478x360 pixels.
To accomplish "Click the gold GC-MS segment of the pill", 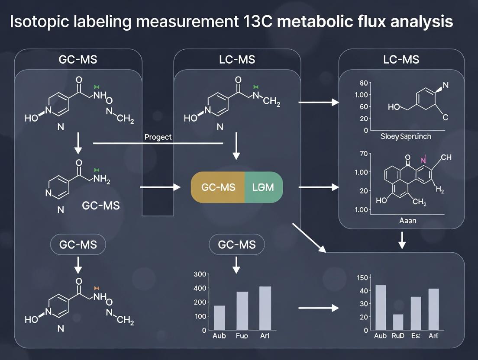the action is [218, 187].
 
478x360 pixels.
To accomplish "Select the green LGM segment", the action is [264, 187].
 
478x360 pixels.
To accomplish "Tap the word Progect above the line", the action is [158, 137].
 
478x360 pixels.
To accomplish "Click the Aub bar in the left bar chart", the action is [220, 318].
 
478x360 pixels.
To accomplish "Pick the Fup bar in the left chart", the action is [242, 311].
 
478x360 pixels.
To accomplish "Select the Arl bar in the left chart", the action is [265, 308].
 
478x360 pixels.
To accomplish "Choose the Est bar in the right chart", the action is [416, 313].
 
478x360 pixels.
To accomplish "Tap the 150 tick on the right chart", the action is [362, 278].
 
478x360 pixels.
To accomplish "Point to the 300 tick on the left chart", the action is [200, 274].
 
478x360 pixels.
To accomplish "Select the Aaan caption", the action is [407, 221].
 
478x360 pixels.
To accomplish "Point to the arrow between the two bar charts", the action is [318, 308].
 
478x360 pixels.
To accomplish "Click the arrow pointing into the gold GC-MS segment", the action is [160, 187].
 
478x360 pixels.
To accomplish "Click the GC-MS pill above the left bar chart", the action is [237, 245].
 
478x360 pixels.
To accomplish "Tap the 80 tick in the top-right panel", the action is [363, 83].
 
